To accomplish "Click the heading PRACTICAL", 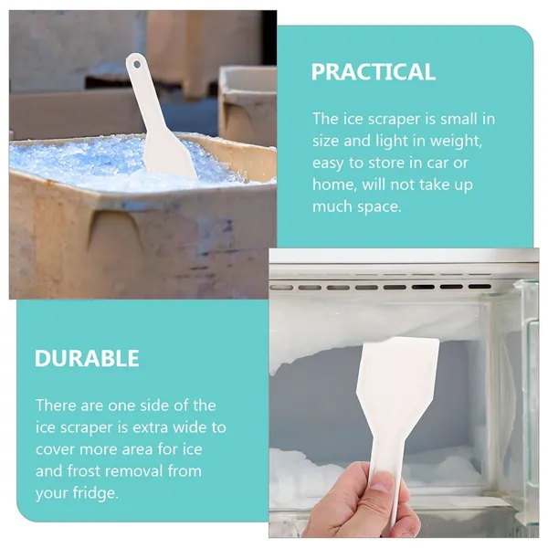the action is click(x=374, y=72).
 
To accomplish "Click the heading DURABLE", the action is click(x=87, y=358).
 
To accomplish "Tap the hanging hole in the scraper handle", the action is click(x=137, y=65).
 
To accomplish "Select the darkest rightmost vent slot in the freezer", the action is click(x=479, y=287).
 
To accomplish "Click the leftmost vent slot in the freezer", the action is click(x=281, y=288).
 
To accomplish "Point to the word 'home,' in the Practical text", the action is click(x=334, y=184).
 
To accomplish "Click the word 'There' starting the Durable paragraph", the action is click(x=56, y=406).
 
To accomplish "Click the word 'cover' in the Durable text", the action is click(x=55, y=449).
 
